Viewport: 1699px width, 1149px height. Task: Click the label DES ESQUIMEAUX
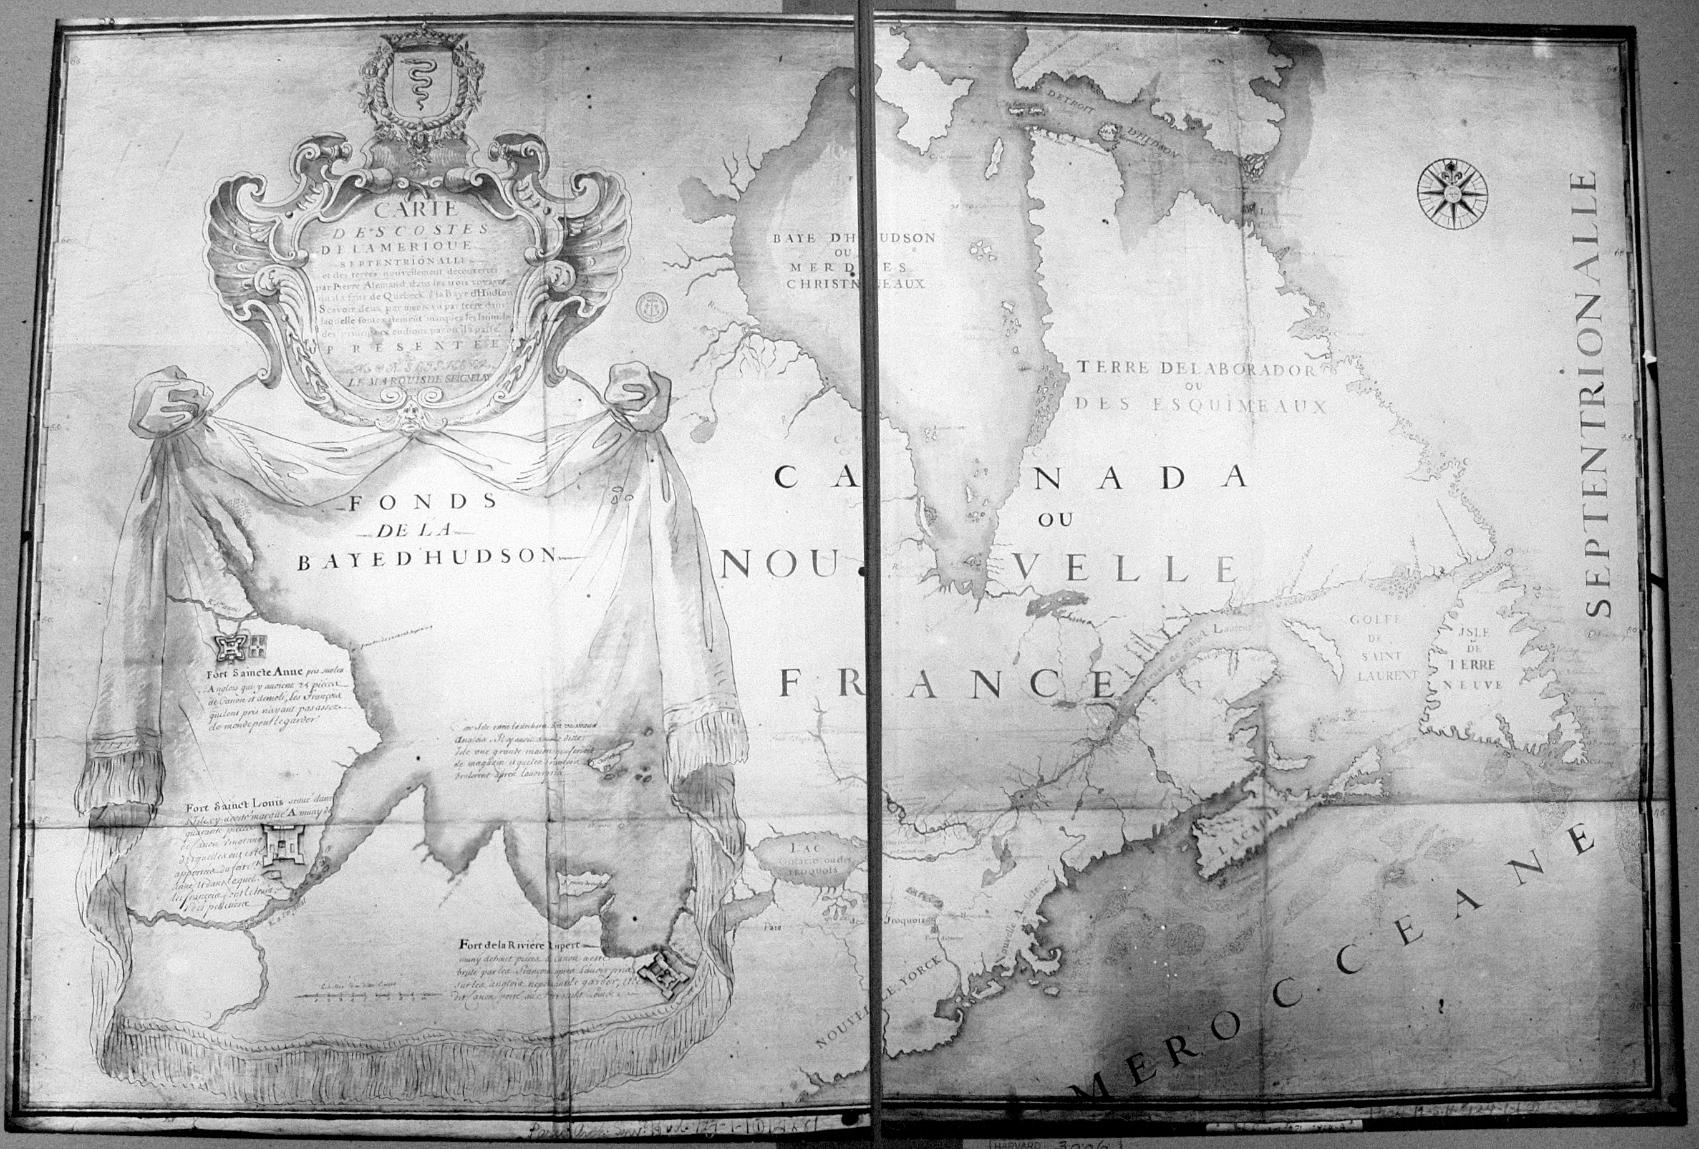pyautogui.click(x=1199, y=405)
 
